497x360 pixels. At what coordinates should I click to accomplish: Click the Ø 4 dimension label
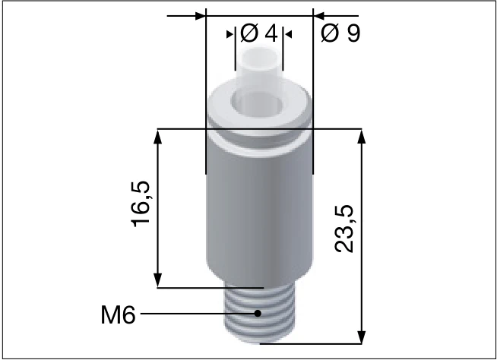tap(258, 34)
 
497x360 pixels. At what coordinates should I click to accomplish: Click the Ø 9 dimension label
tap(340, 34)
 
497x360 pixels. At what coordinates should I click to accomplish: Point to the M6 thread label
tap(118, 313)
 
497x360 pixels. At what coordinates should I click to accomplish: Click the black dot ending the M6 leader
tap(258, 313)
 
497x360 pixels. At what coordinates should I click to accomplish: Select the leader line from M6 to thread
tap(198, 313)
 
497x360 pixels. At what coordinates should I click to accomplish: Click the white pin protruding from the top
tap(259, 67)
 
